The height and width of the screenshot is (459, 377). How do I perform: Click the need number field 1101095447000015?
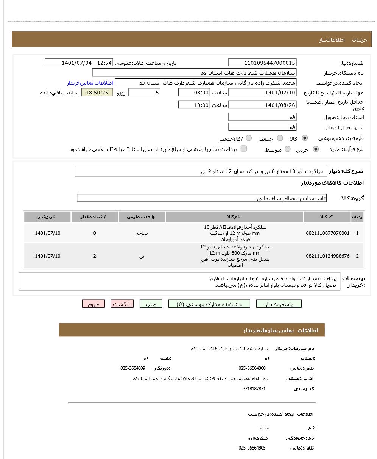[262, 63]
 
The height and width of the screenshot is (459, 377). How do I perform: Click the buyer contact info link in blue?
[90, 83]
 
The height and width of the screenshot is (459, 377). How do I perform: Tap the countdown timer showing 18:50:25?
[97, 93]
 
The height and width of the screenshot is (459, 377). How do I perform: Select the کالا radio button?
[305, 138]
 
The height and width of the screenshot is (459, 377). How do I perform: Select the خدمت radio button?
[280, 138]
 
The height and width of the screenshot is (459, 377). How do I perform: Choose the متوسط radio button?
[288, 149]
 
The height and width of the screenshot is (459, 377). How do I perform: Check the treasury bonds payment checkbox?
[244, 149]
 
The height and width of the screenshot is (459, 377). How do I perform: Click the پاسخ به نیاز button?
[279, 304]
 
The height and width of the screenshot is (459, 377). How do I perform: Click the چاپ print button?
[151, 304]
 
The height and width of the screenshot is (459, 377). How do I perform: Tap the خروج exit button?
[93, 304]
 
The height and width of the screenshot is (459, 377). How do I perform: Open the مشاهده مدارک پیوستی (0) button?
[209, 304]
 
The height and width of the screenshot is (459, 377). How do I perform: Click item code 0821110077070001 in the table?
[327, 233]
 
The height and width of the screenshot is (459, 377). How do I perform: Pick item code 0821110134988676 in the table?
[327, 256]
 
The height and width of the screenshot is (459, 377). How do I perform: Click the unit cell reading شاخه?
[142, 233]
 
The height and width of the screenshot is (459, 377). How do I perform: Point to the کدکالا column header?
[326, 217]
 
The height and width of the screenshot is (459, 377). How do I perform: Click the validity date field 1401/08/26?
[262, 105]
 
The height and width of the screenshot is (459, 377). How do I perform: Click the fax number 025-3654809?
[133, 368]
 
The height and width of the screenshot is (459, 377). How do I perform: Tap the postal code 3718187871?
[254, 389]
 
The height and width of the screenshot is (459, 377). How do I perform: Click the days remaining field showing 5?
[144, 93]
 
